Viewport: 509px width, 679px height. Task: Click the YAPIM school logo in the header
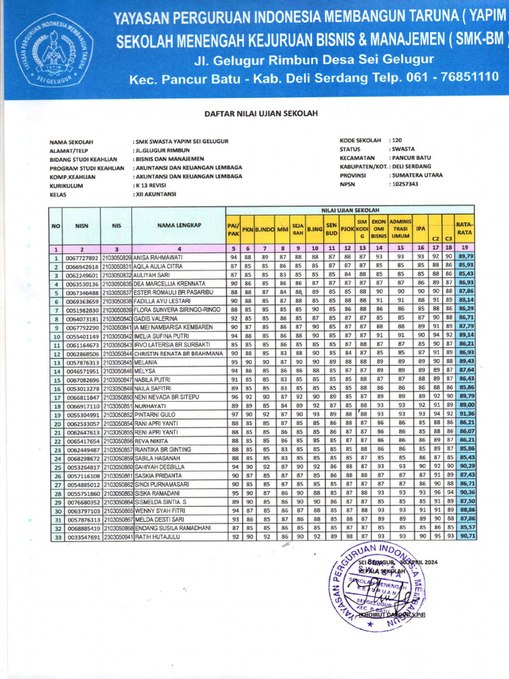(55, 51)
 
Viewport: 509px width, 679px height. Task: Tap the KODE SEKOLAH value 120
(397, 141)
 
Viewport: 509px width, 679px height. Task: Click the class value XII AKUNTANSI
(156, 194)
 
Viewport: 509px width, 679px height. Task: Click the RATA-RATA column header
(464, 229)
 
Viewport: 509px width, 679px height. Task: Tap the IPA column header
(420, 229)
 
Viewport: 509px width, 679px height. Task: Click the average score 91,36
(465, 414)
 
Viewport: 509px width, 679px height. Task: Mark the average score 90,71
(465, 536)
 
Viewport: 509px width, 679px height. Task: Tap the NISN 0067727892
(82, 257)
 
